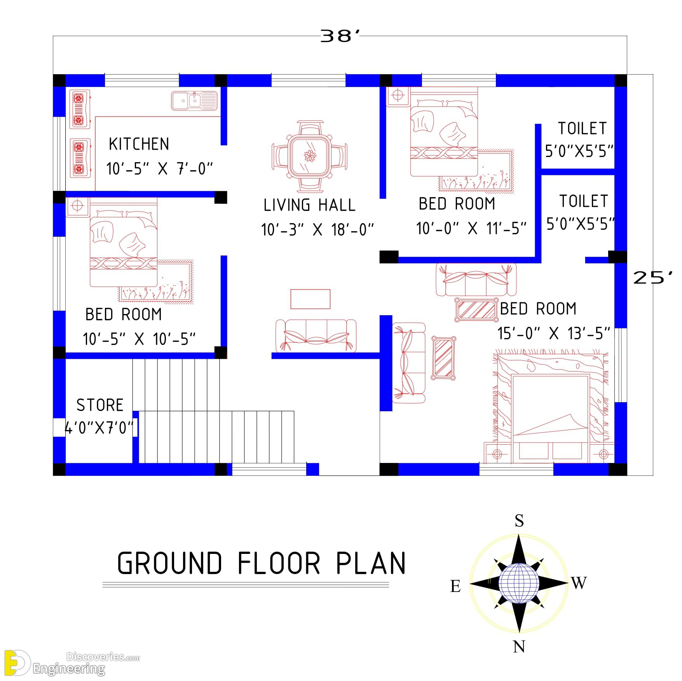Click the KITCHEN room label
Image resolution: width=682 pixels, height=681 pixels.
(x=139, y=144)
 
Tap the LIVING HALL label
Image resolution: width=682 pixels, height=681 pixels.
(x=309, y=205)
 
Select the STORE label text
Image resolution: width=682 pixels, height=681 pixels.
(x=100, y=405)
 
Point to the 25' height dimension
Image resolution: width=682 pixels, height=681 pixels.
(x=653, y=278)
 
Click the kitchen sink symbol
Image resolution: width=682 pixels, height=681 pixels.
(x=194, y=101)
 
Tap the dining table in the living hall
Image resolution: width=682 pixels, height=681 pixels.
(x=310, y=156)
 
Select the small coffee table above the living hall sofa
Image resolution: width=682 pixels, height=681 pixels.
(x=310, y=299)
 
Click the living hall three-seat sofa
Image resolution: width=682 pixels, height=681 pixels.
(x=316, y=336)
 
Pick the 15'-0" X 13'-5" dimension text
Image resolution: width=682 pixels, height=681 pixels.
(x=554, y=334)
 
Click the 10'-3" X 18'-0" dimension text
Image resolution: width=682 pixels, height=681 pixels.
(x=317, y=230)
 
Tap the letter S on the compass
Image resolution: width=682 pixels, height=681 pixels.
(x=519, y=520)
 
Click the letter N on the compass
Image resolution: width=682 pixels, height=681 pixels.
(x=519, y=646)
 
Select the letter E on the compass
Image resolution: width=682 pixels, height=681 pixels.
(x=455, y=586)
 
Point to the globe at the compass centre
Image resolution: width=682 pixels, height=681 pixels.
(x=519, y=583)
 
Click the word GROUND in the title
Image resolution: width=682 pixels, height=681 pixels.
(x=169, y=563)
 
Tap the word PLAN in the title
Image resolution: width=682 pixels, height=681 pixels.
(x=371, y=563)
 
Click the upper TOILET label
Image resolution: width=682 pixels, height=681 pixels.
(x=582, y=128)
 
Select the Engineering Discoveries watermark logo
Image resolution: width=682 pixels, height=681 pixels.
(x=72, y=663)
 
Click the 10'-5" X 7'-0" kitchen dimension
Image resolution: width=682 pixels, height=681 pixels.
(x=160, y=169)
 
